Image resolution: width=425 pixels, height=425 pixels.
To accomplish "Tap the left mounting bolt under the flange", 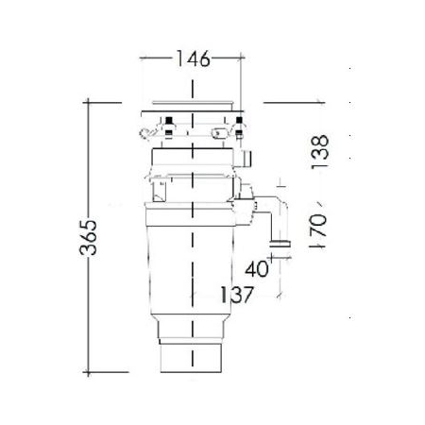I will [168, 123].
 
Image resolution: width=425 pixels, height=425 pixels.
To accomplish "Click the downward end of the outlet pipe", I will [280, 245].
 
